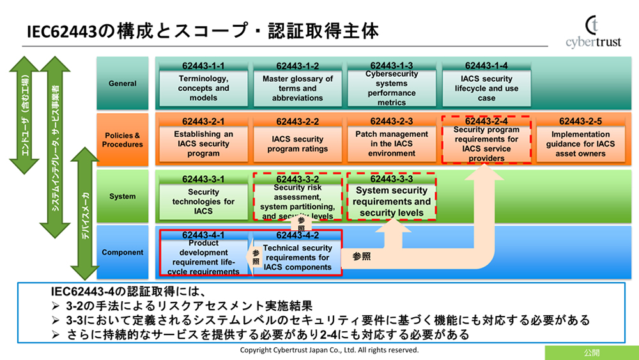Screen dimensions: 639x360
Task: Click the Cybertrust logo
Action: point(594,32)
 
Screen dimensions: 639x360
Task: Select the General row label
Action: point(122,83)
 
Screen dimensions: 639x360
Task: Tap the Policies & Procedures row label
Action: point(122,140)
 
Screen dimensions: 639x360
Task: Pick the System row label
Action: point(122,196)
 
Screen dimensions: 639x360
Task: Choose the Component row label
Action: point(122,253)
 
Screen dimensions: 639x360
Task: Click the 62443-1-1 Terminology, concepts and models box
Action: point(203,84)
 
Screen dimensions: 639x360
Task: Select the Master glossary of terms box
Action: point(298,84)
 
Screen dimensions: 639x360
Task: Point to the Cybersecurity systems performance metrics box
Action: point(392,84)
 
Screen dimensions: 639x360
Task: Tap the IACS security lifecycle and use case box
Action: point(486,84)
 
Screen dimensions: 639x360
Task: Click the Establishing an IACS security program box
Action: point(203,139)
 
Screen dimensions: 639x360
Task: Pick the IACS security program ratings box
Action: point(298,139)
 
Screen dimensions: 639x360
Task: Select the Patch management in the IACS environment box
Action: point(392,139)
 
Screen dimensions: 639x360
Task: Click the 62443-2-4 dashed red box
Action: point(486,139)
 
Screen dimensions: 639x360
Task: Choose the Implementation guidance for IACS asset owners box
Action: point(581,139)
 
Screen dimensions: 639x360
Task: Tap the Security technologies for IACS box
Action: point(203,197)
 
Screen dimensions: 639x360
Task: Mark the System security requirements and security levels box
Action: point(392,197)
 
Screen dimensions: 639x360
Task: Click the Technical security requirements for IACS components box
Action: point(298,253)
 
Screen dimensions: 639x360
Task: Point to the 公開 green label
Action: point(592,353)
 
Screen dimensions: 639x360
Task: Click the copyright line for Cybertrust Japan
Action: point(329,350)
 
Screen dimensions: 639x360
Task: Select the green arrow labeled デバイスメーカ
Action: point(85,214)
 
